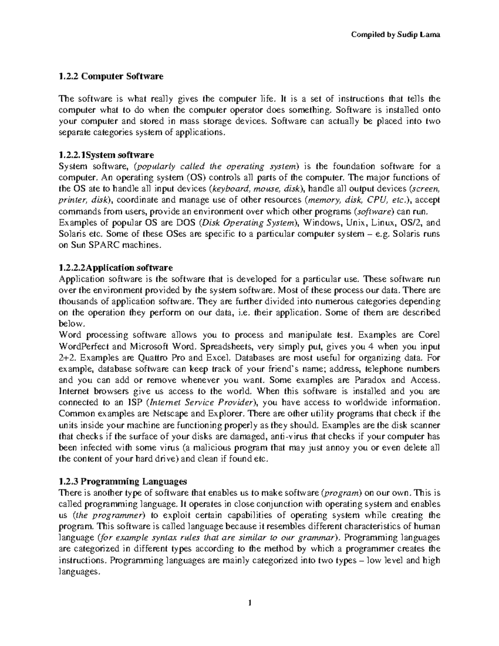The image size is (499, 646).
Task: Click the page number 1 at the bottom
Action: point(250,603)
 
